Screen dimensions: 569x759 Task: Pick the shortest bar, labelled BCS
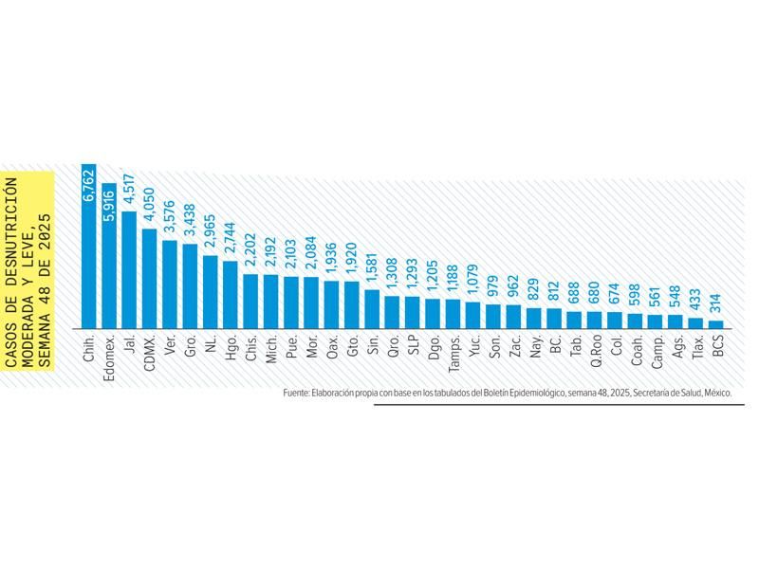716,323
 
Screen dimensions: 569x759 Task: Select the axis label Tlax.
696,345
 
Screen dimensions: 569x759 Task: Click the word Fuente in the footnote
295,392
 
